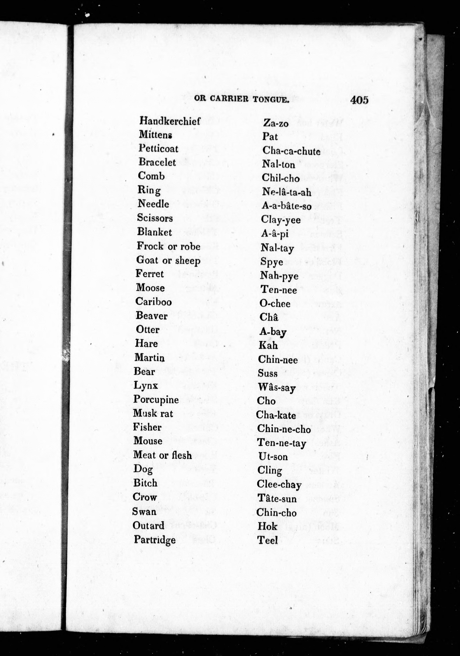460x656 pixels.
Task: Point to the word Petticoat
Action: [158, 149]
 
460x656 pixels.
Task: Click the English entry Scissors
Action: [155, 218]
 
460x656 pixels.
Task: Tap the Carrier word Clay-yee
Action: [281, 220]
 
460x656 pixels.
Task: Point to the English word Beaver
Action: [152, 316]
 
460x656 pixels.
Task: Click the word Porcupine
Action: [156, 400]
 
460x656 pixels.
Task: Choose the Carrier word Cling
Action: [270, 470]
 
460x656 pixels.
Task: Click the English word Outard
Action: [148, 525]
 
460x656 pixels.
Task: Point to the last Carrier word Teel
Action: [267, 540]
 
